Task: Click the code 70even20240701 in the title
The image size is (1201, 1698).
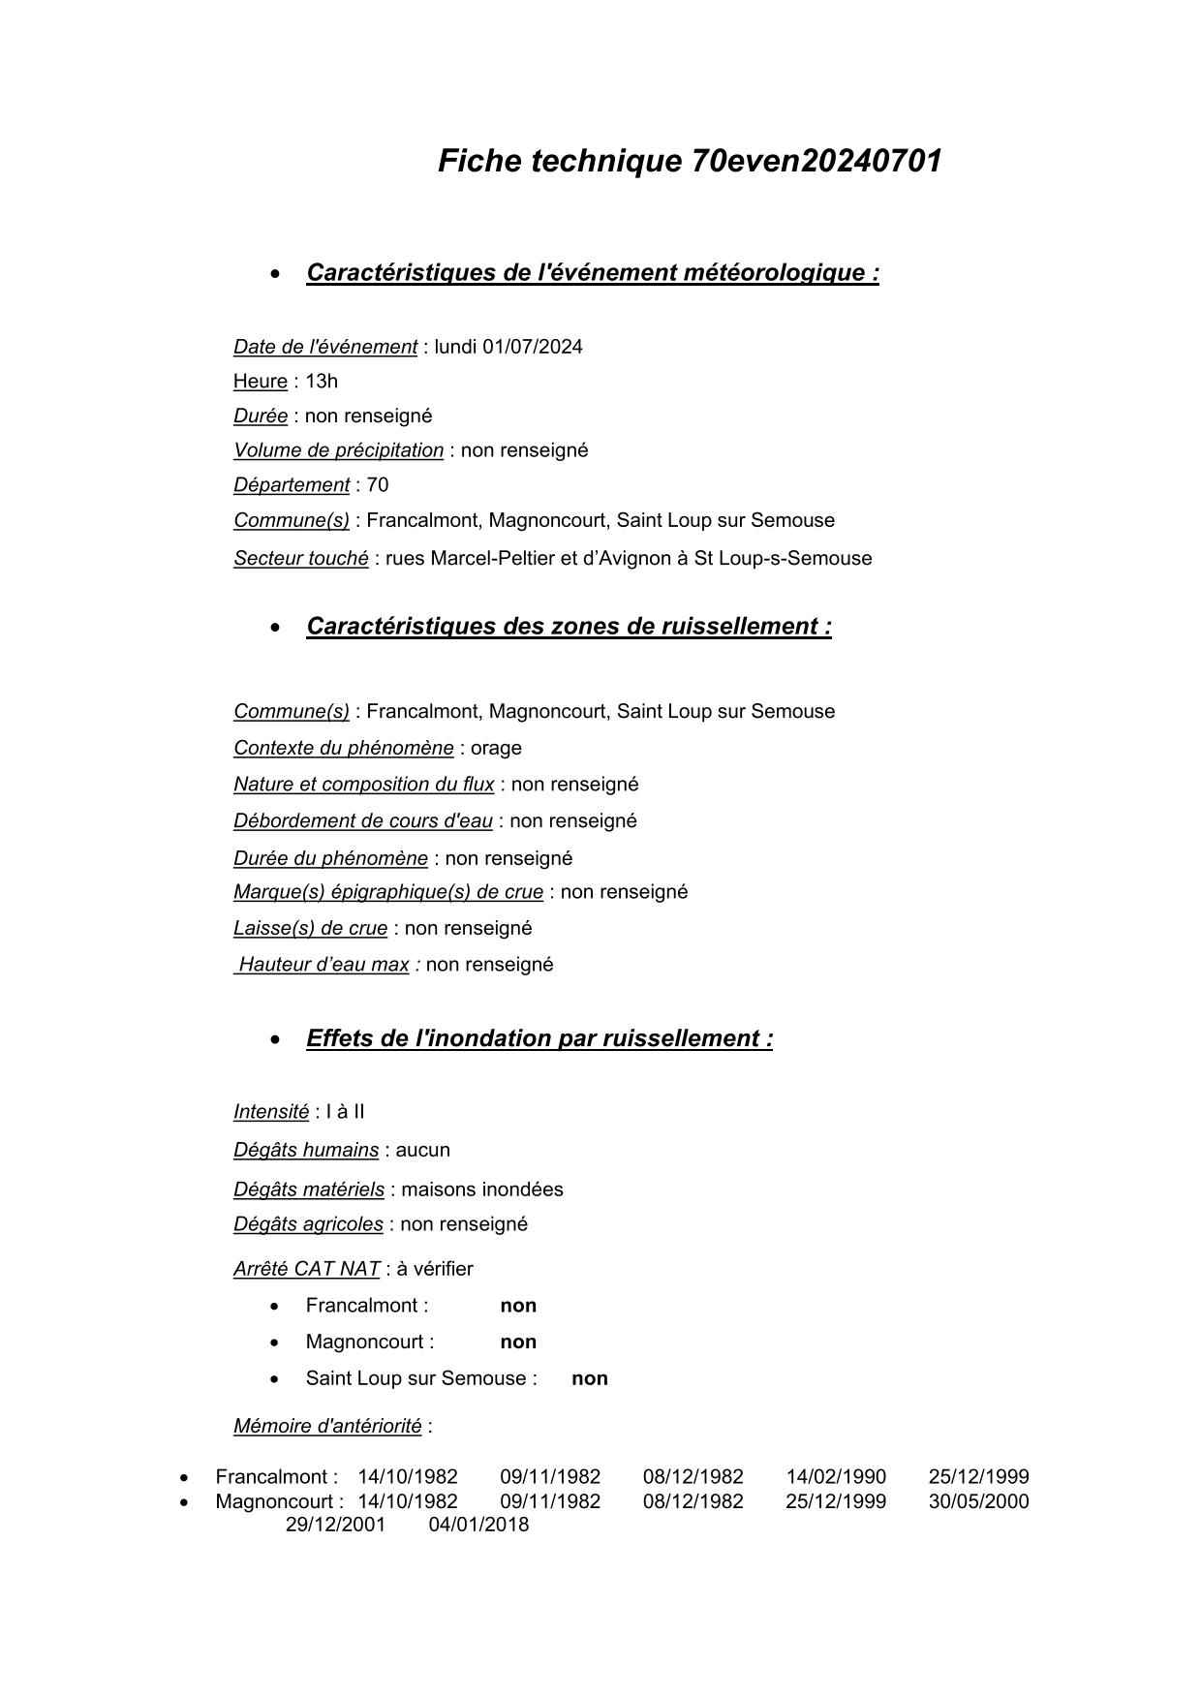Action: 816,161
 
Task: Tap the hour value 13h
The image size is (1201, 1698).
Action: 322,381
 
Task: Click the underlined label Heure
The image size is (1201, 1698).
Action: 260,381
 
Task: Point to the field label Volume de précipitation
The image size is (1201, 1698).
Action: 338,450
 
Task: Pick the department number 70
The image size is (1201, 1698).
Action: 378,484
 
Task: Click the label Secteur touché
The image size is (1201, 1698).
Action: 300,558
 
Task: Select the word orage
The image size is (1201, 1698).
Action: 496,748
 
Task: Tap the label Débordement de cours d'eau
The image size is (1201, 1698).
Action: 362,821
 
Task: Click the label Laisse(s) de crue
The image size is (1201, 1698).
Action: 310,928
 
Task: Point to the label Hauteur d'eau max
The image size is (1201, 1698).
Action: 323,965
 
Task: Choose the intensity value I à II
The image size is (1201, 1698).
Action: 346,1112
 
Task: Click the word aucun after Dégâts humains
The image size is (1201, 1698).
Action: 423,1150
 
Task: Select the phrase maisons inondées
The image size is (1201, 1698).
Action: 482,1189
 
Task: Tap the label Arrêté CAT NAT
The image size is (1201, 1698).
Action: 306,1269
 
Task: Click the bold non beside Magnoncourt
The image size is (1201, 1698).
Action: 518,1342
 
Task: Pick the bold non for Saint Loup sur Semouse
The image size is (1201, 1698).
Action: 590,1378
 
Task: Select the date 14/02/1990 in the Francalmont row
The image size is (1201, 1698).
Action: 836,1477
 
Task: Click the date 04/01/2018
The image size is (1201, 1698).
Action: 478,1525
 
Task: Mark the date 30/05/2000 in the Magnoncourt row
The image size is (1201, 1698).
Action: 978,1501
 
